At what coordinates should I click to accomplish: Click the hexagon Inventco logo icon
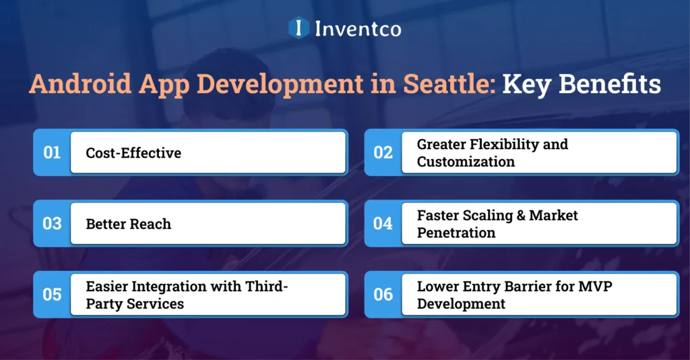(x=297, y=28)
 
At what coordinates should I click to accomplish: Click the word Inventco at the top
(x=358, y=29)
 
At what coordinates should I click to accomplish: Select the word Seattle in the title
(x=441, y=86)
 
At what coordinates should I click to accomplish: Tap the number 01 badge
(x=52, y=153)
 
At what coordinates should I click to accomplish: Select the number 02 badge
(x=383, y=153)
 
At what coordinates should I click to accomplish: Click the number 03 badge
(x=52, y=224)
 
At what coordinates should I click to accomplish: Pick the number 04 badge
(x=383, y=224)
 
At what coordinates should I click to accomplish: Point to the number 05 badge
(x=52, y=295)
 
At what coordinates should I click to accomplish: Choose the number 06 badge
(x=383, y=295)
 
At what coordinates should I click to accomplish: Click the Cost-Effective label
(x=133, y=153)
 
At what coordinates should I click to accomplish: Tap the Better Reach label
(x=128, y=224)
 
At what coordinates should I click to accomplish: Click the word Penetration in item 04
(x=456, y=233)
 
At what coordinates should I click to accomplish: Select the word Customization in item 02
(x=466, y=162)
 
